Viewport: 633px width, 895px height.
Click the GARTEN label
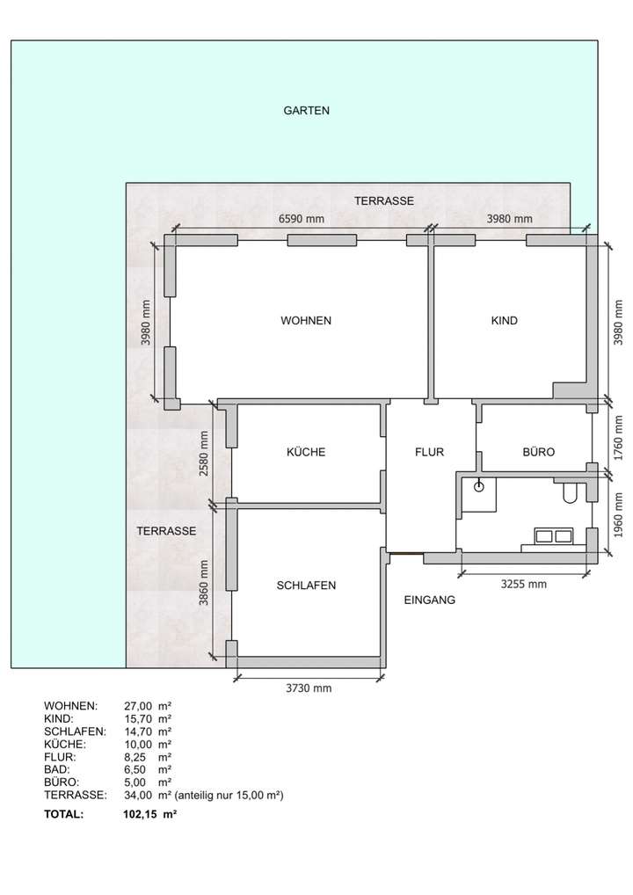[306, 111]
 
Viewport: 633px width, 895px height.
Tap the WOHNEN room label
[306, 321]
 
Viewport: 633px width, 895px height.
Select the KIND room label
[505, 321]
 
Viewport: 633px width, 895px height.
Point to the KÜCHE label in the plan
[306, 453]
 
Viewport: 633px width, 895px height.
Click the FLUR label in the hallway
[430, 453]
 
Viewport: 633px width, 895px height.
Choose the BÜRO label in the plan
[538, 453]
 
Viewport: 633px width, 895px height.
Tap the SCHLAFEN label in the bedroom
[306, 586]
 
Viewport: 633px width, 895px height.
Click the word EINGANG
[429, 601]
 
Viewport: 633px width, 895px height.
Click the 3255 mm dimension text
[523, 584]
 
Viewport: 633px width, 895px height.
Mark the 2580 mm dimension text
[204, 453]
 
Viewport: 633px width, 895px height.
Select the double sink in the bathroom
[553, 535]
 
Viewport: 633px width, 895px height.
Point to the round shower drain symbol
[479, 485]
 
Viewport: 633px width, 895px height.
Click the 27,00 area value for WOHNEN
[139, 706]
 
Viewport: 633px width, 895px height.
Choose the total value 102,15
[140, 815]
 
